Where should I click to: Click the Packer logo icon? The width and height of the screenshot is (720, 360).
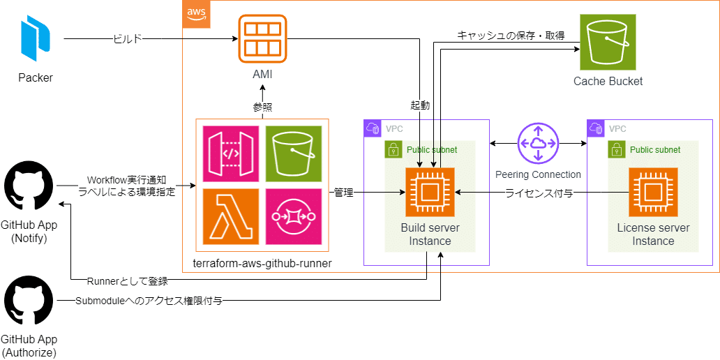(35, 40)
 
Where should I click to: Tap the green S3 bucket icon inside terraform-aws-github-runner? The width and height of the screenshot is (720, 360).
(293, 153)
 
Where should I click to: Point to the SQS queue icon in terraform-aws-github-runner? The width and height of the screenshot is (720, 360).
(293, 216)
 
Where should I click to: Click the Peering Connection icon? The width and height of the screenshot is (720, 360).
(538, 143)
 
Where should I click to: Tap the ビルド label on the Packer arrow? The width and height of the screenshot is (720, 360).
(127, 39)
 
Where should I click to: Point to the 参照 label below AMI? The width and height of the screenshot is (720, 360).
(262, 107)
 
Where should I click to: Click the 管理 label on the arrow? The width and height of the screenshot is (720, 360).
(343, 193)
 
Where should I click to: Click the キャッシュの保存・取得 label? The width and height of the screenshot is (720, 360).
(511, 35)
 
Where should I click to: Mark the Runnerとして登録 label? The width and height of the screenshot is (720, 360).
(127, 282)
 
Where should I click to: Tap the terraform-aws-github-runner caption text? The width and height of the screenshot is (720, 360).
(262, 264)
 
